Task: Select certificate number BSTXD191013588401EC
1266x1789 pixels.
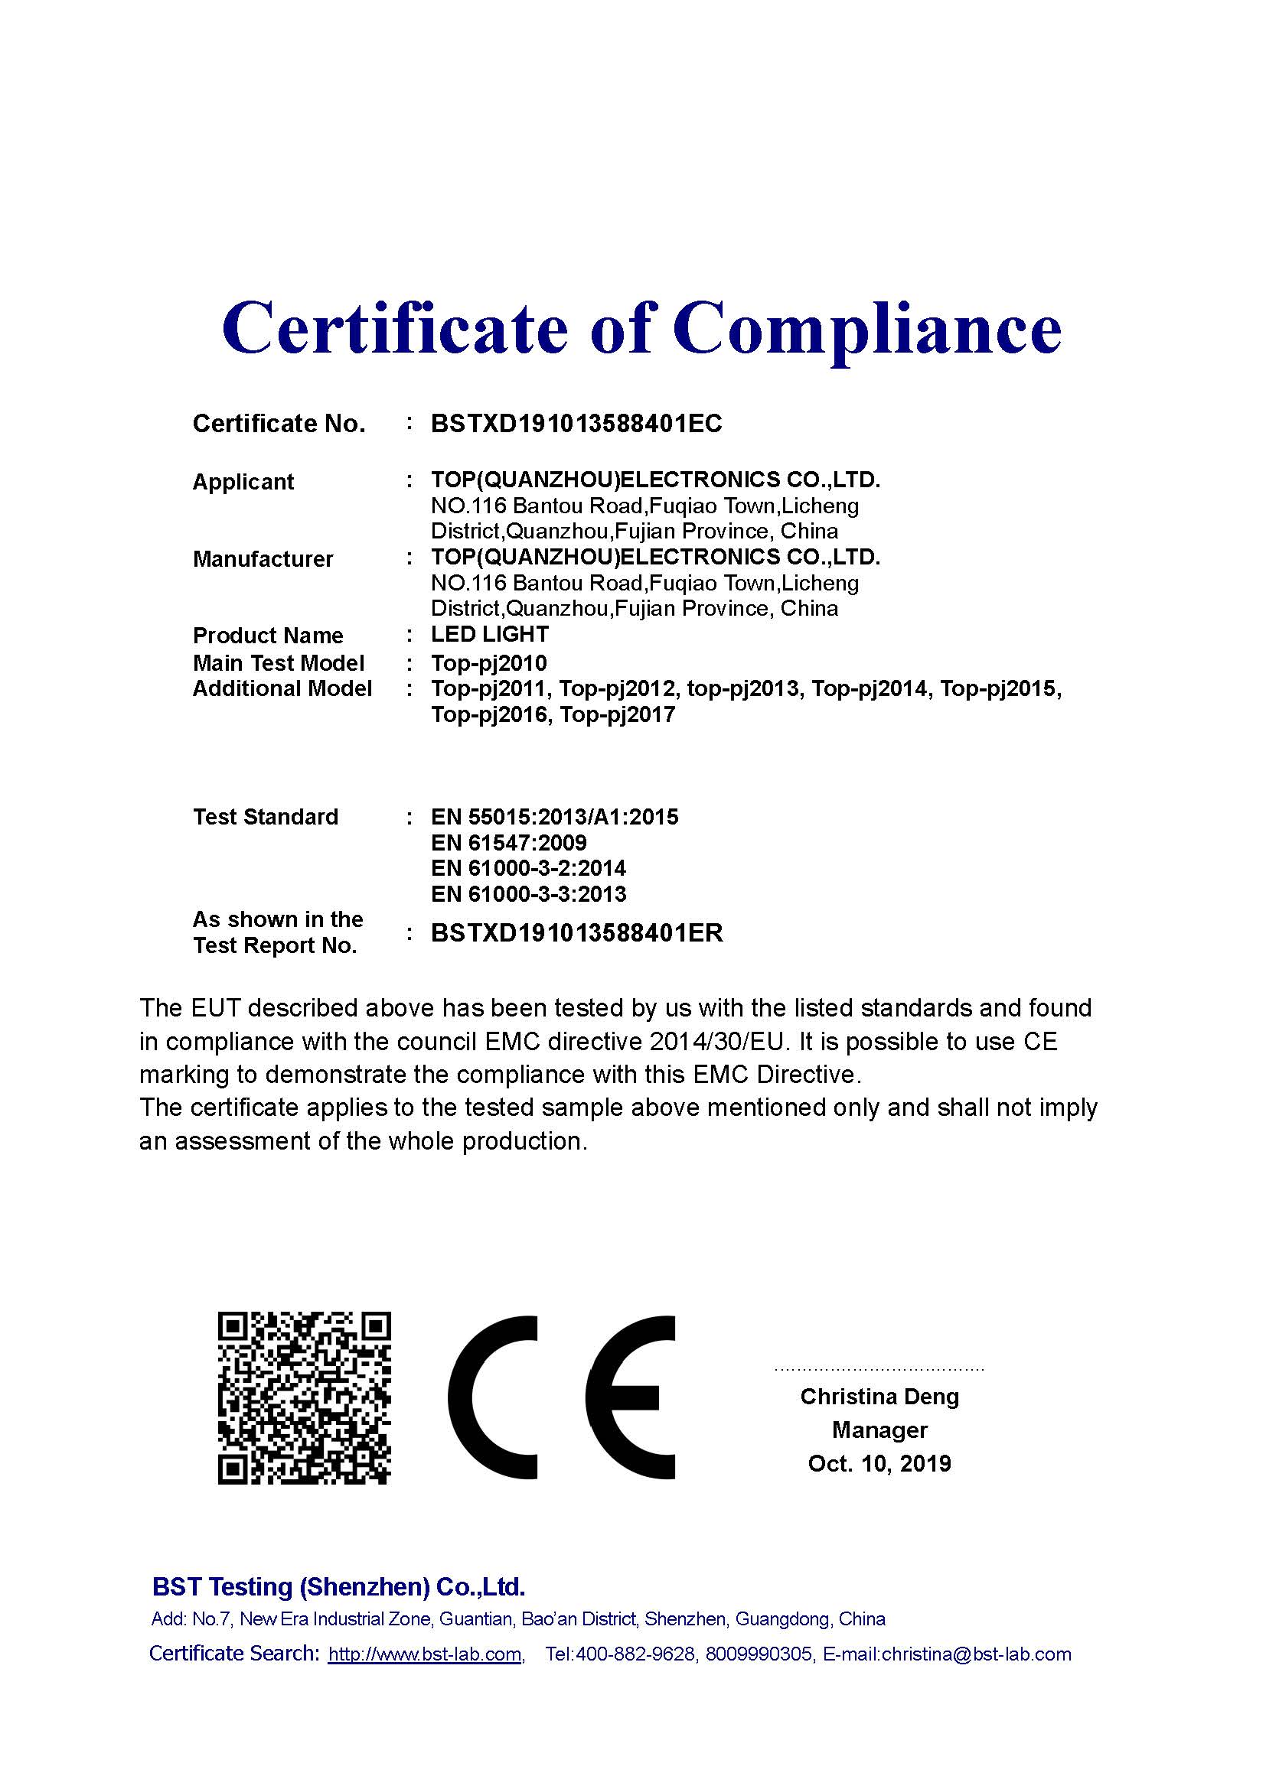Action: [576, 424]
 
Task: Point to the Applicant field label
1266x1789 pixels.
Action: [243, 482]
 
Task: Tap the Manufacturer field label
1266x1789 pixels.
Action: [263, 558]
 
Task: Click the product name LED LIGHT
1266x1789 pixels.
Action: [490, 634]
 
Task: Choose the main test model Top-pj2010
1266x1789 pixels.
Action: [489, 663]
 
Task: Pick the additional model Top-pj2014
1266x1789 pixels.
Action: [870, 689]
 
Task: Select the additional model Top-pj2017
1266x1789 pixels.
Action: [617, 715]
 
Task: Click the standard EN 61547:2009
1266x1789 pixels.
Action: [508, 842]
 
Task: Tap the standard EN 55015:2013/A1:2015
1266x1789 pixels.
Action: [554, 817]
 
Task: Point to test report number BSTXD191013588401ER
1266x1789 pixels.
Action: [577, 932]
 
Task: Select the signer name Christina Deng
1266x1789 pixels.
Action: [879, 1397]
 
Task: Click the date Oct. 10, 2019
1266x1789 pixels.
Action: [879, 1463]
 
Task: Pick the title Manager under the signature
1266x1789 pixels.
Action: [879, 1430]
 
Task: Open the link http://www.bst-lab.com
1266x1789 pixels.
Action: [424, 1654]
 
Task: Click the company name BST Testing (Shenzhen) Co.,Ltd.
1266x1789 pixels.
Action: [338, 1586]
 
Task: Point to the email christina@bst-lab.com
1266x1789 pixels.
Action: [976, 1654]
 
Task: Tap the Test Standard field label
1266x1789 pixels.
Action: [265, 817]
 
